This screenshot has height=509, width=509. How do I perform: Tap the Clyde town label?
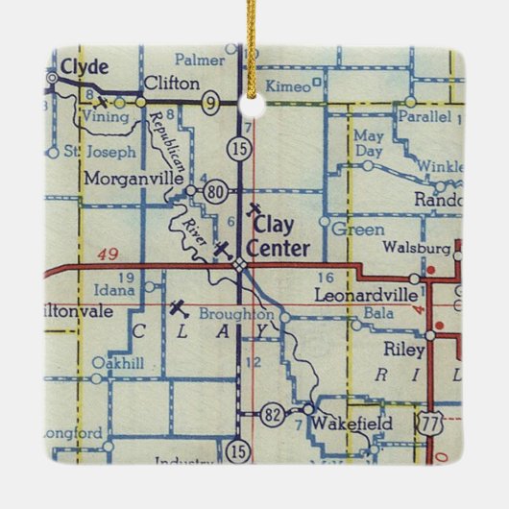pos(82,66)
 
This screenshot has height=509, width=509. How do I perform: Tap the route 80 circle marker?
pos(215,192)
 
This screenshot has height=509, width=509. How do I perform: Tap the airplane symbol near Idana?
pos(177,308)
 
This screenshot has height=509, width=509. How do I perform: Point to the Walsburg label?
pos(416,246)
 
